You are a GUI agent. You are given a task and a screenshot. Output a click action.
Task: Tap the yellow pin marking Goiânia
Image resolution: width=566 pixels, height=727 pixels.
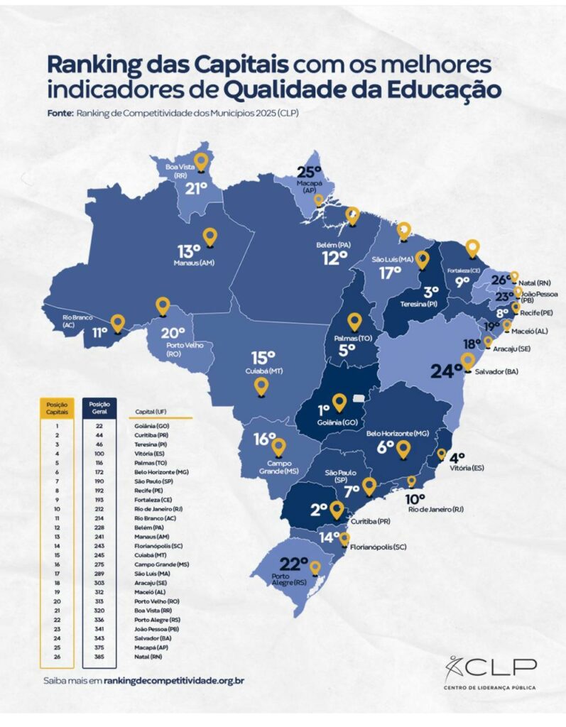pos(339,403)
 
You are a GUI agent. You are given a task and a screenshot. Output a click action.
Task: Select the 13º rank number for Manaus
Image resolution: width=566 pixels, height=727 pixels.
pos(190,251)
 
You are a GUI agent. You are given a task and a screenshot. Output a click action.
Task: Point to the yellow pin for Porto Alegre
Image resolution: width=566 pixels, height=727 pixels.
pos(315,568)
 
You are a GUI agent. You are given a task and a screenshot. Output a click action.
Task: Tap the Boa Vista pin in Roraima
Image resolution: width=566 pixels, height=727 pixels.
pos(202,162)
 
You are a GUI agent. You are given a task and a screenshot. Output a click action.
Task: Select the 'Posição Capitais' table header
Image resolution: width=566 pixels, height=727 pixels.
pos(57,408)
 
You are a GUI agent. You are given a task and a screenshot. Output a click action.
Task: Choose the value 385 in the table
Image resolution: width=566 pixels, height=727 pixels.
pos(99,657)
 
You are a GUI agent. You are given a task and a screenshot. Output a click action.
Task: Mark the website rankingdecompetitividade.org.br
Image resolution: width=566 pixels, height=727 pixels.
pos(174,680)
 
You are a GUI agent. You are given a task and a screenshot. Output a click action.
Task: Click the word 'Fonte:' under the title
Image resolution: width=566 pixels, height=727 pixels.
pos(60,112)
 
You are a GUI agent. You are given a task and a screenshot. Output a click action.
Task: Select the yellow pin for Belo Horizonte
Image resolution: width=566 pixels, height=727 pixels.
pos(403,449)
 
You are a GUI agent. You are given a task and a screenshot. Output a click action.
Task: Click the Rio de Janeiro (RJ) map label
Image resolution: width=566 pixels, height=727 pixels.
pos(435,508)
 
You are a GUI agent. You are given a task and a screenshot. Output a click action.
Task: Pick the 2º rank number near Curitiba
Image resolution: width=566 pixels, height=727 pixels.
pos(317,509)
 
